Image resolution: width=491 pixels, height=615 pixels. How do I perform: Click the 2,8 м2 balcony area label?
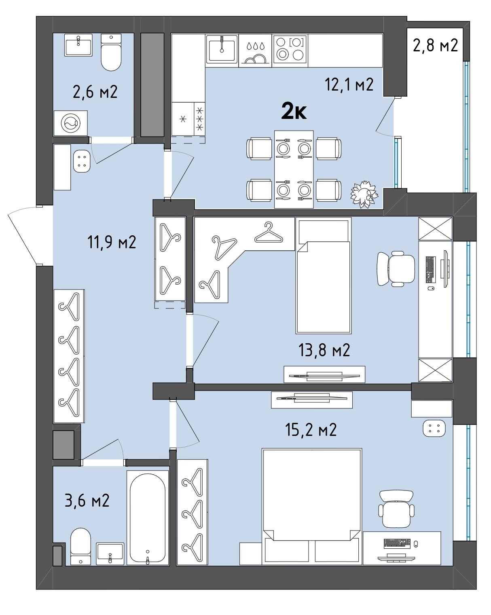click(x=435, y=45)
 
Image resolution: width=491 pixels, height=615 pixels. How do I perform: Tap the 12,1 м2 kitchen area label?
click(x=349, y=85)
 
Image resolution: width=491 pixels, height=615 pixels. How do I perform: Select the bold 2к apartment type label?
click(x=294, y=111)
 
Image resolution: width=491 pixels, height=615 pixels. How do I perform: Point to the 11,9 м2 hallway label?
click(x=112, y=242)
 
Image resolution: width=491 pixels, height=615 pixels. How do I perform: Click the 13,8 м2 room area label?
click(x=324, y=350)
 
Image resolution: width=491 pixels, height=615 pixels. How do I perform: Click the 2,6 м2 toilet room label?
click(x=95, y=92)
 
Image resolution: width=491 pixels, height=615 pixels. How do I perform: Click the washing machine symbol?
click(x=71, y=123)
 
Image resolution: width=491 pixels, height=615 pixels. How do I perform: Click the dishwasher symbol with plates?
click(x=255, y=51)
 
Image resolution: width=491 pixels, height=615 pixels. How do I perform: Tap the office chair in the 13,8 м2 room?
click(x=396, y=269)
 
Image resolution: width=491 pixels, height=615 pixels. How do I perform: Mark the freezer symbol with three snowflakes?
click(x=200, y=119)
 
